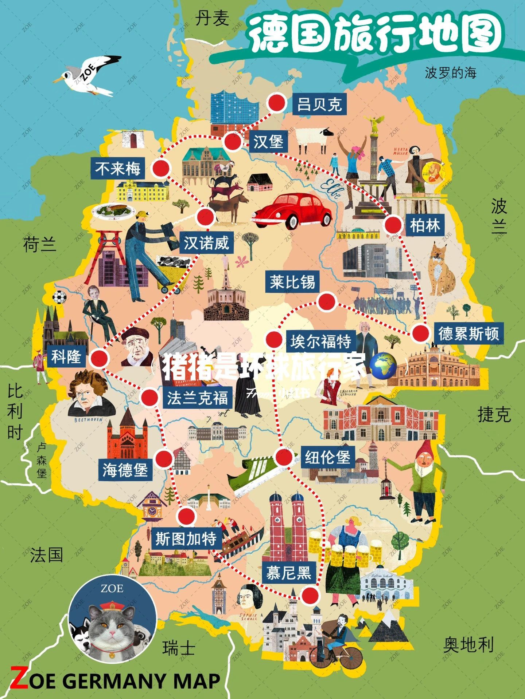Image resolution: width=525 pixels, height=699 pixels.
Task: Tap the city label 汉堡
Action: (268, 141)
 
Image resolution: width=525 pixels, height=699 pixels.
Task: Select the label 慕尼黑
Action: (288, 573)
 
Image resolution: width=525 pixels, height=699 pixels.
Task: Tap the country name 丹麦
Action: (212, 18)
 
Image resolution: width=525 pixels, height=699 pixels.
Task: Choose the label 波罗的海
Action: (451, 73)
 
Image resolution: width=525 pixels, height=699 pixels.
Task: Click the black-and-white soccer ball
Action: (59, 297)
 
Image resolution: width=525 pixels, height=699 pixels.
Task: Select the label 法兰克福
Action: (198, 398)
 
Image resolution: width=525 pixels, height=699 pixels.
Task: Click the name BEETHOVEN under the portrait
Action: (88, 420)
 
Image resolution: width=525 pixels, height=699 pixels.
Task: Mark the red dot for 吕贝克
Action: (276, 102)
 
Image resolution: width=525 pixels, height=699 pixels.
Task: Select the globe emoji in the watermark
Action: (382, 365)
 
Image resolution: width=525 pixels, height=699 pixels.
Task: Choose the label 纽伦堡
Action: (327, 457)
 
